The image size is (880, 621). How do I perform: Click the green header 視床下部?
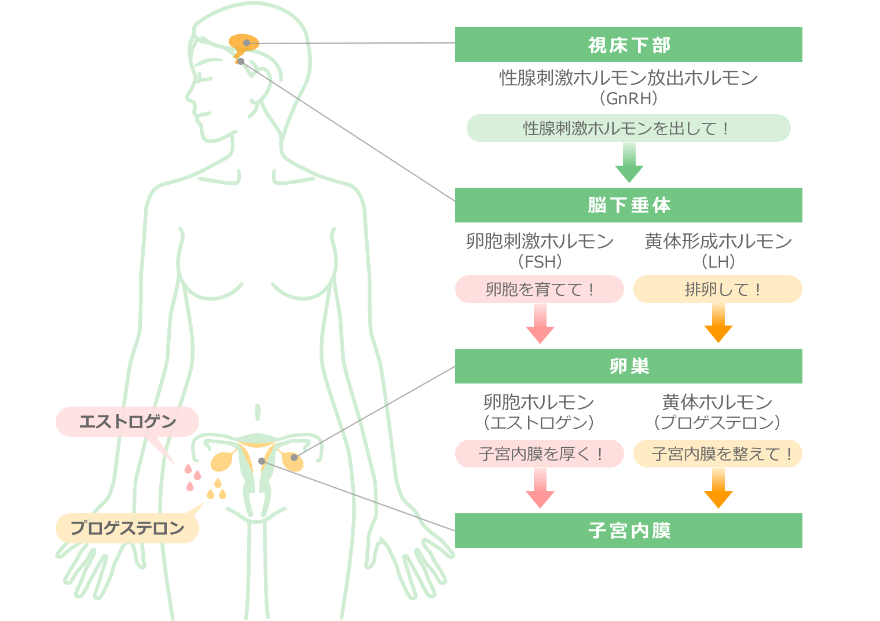pyautogui.click(x=628, y=45)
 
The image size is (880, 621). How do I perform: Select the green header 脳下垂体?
pyautogui.click(x=628, y=205)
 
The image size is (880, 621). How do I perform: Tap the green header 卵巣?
pyautogui.click(x=628, y=366)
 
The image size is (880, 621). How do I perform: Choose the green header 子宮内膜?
pyautogui.click(x=628, y=531)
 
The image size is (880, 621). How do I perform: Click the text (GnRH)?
pyautogui.click(x=628, y=98)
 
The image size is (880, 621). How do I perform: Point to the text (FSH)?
pyautogui.click(x=540, y=262)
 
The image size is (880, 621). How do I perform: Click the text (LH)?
pyautogui.click(x=718, y=262)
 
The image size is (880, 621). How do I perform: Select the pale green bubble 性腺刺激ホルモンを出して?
pyautogui.click(x=628, y=128)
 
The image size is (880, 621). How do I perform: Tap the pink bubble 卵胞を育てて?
pyautogui.click(x=540, y=289)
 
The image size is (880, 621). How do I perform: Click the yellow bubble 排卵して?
pyautogui.click(x=718, y=289)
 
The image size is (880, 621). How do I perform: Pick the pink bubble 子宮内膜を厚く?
pyautogui.click(x=540, y=454)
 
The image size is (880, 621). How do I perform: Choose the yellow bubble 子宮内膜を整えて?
pyautogui.click(x=718, y=454)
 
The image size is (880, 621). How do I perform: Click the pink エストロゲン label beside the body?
pyautogui.click(x=127, y=422)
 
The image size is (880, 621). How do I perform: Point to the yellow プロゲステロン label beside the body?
pyautogui.click(x=127, y=528)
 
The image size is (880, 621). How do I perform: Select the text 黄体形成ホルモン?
pyautogui.click(x=718, y=241)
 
